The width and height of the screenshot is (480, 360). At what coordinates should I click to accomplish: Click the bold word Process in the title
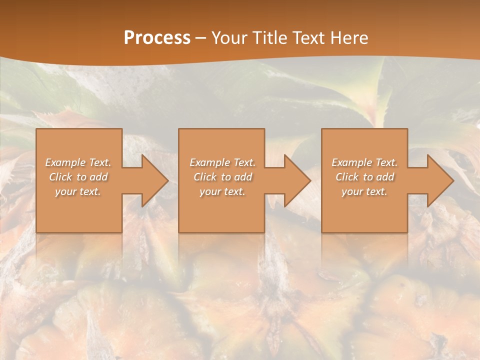point(157,38)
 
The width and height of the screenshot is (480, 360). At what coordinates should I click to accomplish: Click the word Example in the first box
point(65,162)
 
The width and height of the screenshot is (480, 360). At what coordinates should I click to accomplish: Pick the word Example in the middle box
point(209,162)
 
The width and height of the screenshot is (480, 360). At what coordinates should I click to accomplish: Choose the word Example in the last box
point(351,162)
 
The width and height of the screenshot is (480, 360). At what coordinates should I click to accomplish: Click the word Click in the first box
point(60,177)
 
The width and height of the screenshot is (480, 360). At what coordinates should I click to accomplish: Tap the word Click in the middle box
point(205,177)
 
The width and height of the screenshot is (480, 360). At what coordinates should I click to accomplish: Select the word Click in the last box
point(347,177)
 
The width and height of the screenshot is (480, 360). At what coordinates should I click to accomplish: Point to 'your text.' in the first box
point(78,191)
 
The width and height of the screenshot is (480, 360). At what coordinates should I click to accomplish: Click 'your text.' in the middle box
point(222,191)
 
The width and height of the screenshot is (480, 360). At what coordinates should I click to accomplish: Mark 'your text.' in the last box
point(364,191)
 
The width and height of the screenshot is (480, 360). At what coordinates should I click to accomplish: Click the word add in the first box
point(98,177)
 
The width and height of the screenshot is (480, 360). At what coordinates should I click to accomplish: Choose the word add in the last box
point(385,177)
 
